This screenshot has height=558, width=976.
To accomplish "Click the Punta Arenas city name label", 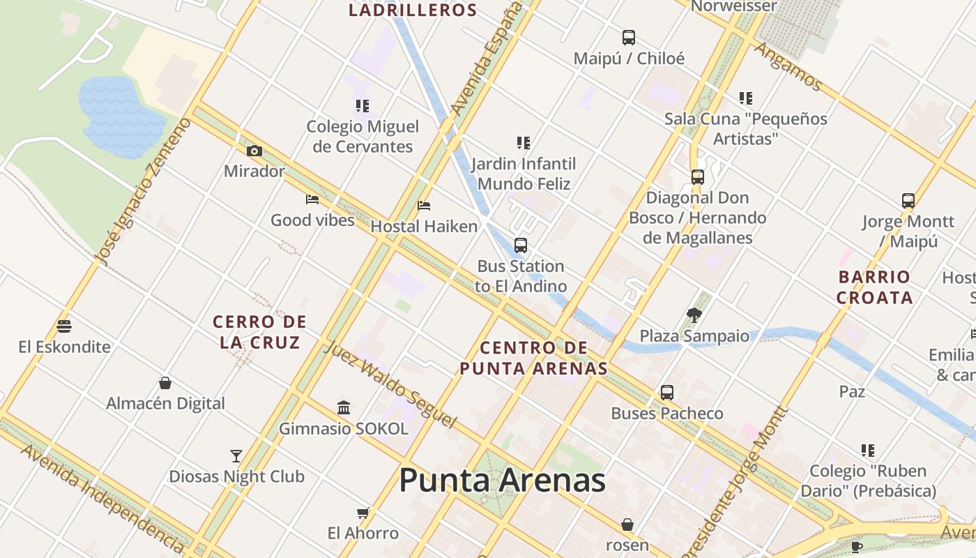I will tap(502, 481).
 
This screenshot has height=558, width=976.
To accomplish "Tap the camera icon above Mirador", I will tap(254, 151).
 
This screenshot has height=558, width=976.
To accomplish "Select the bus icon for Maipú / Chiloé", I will tap(629, 38).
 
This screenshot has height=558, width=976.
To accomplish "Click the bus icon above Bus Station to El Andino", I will tap(521, 246).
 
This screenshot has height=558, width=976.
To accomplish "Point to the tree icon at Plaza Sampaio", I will tap(694, 315).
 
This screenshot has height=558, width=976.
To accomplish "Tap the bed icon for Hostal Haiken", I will tap(424, 206).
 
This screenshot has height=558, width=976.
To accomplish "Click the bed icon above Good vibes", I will tap(312, 199).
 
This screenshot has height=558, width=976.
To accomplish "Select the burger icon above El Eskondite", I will tap(64, 326).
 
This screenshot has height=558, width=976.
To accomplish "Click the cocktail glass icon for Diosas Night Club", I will tap(236, 456).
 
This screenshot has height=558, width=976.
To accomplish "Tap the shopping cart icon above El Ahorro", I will tap(363, 513).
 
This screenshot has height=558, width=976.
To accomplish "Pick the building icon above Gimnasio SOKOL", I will tap(344, 407).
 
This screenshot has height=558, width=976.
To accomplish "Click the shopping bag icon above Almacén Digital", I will tap(165, 383).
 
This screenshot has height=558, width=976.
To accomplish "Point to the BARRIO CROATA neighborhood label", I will tap(874, 287).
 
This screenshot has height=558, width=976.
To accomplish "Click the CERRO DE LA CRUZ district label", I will tap(259, 332).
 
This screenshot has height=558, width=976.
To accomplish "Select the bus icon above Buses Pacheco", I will tap(667, 393).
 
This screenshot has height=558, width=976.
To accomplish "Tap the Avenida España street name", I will tap(487, 59).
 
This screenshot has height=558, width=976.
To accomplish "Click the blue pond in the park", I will tap(120, 115).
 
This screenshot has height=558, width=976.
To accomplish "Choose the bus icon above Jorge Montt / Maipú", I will tap(908, 201).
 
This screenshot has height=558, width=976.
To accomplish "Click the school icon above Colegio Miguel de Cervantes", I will tap(363, 106).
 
